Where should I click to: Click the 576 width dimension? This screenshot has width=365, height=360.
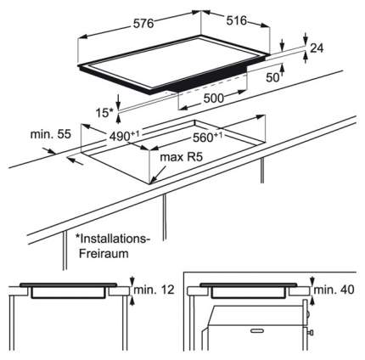pyautogui.click(x=143, y=24)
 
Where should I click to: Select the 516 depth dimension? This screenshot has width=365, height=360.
pyautogui.click(x=236, y=20)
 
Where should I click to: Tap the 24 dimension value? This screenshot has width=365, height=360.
pyautogui.click(x=317, y=48)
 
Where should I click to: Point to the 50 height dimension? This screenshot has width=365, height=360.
pyautogui.click(x=272, y=77)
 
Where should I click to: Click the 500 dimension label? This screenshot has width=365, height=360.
pyautogui.click(x=214, y=98)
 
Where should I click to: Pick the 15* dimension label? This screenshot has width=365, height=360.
pyautogui.click(x=104, y=113)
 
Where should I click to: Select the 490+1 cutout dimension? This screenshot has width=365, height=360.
pyautogui.click(x=125, y=136)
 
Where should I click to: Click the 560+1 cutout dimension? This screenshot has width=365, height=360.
pyautogui.click(x=207, y=137)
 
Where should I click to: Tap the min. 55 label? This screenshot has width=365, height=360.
pyautogui.click(x=51, y=134)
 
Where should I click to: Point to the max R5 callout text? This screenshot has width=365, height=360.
pyautogui.click(x=182, y=157)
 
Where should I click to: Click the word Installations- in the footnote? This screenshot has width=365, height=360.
pyautogui.click(x=112, y=239)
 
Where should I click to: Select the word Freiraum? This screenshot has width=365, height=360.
pyautogui.click(x=104, y=253)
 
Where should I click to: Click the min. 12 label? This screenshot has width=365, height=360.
pyautogui.click(x=154, y=290)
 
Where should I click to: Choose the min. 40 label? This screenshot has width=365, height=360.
pyautogui.click(x=334, y=290)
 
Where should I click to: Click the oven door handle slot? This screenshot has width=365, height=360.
pyautogui.click(x=257, y=330)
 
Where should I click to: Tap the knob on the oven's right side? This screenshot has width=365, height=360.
pyautogui.click(x=311, y=332)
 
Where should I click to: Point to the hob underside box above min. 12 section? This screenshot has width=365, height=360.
pyautogui.click(x=68, y=293)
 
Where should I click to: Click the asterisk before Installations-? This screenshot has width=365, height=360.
pyautogui.click(x=76, y=236)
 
